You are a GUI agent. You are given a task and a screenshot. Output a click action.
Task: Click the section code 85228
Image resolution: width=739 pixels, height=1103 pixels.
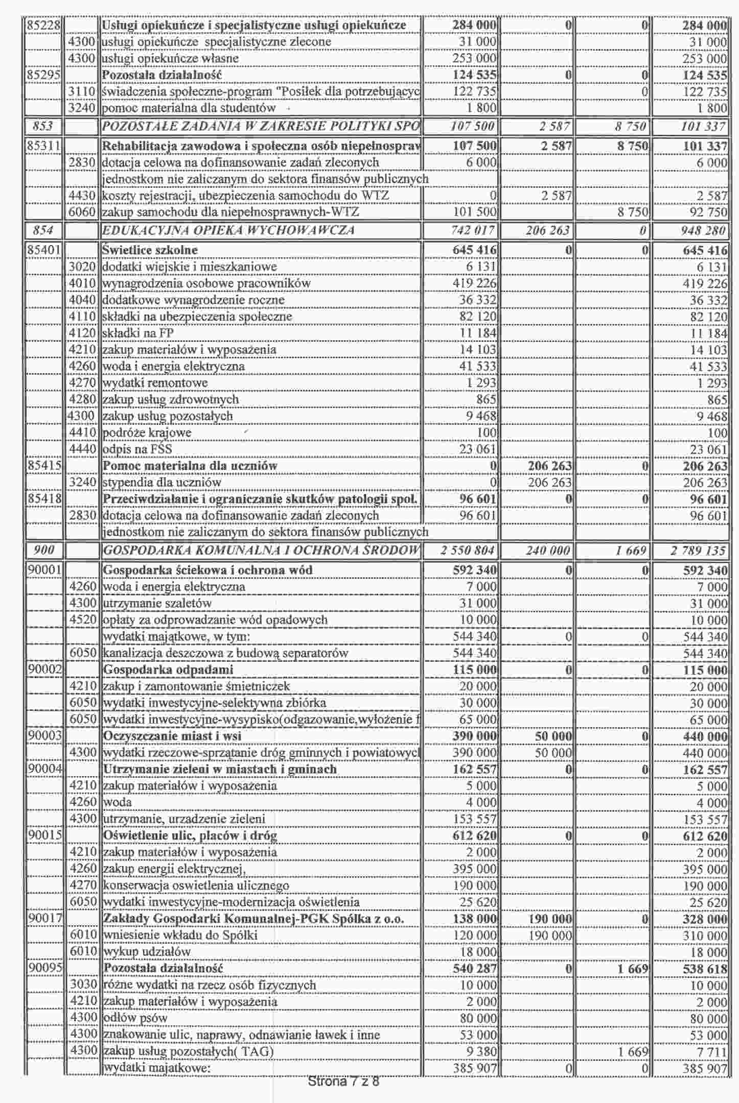tap(44, 25)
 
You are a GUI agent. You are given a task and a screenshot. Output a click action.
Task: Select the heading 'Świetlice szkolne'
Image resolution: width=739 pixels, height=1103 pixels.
tap(150, 250)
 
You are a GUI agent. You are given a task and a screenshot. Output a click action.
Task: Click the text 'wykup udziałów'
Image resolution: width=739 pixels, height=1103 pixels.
tap(147, 952)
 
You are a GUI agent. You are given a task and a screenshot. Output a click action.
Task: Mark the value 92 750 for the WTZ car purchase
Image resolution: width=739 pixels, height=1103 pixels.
tap(708, 212)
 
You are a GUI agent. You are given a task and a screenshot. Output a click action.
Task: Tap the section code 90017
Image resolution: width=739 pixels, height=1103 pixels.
tap(45, 919)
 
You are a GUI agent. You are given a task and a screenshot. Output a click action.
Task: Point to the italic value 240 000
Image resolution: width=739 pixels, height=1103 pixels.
tap(547, 551)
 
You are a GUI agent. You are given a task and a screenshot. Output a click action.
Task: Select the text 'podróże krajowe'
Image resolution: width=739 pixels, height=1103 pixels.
tap(147, 433)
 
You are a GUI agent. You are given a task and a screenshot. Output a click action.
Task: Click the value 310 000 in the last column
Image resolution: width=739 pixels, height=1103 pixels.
tap(705, 936)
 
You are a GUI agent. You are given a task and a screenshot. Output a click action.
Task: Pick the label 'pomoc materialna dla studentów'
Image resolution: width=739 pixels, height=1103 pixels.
tap(189, 108)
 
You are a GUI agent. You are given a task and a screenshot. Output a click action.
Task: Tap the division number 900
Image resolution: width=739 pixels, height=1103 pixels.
tap(44, 550)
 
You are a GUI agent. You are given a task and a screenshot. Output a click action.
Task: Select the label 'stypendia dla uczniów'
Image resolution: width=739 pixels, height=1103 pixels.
tap(162, 483)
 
